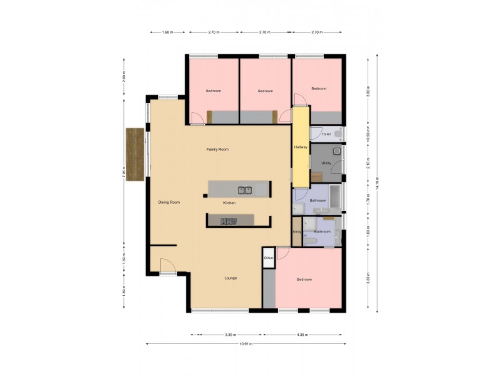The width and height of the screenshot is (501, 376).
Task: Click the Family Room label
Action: coord(218,149)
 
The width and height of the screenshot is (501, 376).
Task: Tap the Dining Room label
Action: coord(169,202)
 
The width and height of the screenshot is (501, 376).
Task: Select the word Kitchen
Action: coord(229,204)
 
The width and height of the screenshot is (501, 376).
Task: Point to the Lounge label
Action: coord(230,278)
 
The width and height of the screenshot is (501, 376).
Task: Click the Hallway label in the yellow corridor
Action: coord(301,147)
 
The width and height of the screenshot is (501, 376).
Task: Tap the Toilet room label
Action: coord(326,134)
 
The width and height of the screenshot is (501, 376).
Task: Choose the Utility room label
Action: coord(326,163)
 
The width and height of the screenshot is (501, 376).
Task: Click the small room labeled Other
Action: coord(269,258)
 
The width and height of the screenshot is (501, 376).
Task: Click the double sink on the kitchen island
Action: coord(244,189)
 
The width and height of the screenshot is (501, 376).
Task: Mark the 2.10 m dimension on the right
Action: coord(368,163)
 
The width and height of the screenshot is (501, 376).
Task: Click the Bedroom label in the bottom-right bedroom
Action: coord(304,279)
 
